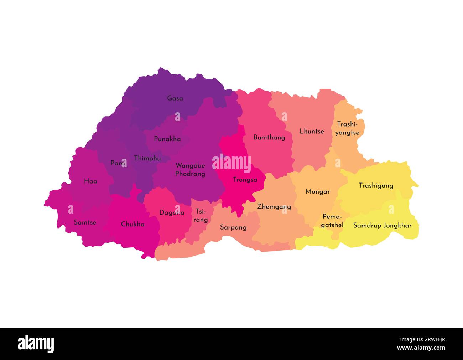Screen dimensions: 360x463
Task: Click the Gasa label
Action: coord(175,98)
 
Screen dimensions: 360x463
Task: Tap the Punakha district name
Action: coord(167,139)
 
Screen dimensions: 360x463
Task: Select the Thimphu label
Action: coord(147,158)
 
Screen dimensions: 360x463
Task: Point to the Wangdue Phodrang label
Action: coord(190,170)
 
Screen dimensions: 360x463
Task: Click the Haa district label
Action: coord(90,181)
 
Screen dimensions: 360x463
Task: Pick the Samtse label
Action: coord(85,222)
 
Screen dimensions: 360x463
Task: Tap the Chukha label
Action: coord(132,224)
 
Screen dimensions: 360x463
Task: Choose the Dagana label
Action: coord(172,212)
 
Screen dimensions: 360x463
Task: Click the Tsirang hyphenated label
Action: coord(201,215)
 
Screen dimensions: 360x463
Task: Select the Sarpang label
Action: coord(233,227)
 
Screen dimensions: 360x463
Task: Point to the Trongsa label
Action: coord(245,180)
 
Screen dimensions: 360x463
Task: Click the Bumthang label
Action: coord(269,137)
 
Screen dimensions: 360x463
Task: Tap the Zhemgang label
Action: coord(274,206)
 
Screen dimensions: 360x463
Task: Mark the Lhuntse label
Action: coord(312,131)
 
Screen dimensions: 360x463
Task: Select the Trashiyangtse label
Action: coord(347,128)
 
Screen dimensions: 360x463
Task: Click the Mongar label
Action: coord(317,191)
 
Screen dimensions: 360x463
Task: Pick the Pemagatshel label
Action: coord(332,221)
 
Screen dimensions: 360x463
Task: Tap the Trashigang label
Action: coord(376,185)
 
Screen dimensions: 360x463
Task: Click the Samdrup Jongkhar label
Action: coord(382,225)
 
